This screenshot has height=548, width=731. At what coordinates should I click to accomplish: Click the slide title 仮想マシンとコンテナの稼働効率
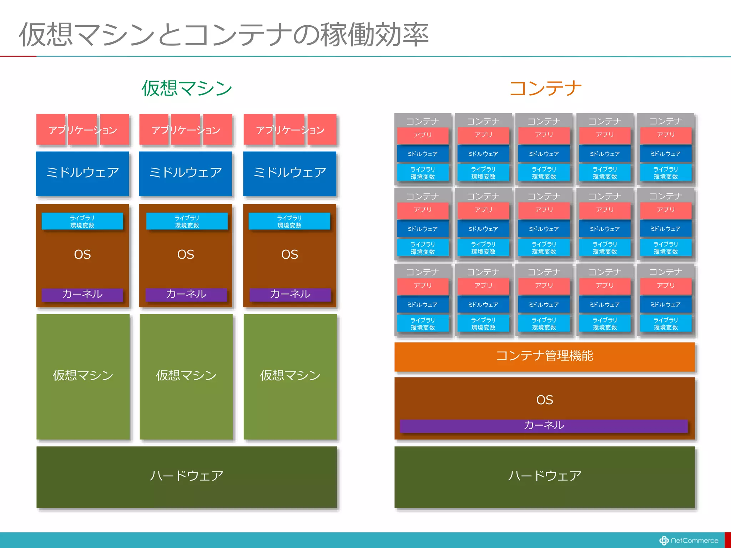click(223, 35)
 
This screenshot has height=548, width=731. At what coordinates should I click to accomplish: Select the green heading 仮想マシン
click(187, 88)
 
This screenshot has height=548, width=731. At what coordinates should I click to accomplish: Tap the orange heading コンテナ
click(545, 88)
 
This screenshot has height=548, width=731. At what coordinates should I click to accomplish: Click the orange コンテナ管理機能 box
click(544, 356)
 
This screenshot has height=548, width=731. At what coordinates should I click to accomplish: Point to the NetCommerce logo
click(689, 541)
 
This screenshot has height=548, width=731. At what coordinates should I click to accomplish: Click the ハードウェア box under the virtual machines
click(186, 477)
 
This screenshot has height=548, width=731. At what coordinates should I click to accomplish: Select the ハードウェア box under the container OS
click(544, 477)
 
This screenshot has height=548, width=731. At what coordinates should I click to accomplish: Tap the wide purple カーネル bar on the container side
click(544, 425)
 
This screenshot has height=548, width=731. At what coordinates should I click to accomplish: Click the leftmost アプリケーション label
click(83, 130)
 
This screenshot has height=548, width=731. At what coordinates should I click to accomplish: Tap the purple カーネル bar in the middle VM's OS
click(186, 294)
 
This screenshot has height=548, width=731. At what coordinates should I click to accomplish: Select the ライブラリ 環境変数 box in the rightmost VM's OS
click(289, 221)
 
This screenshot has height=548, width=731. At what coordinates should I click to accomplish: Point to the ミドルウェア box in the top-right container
click(665, 154)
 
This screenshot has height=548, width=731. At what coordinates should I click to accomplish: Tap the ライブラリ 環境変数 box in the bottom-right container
click(665, 324)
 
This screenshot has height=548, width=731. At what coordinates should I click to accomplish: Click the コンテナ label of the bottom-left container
click(423, 272)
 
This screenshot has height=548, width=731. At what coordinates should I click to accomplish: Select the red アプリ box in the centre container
click(544, 210)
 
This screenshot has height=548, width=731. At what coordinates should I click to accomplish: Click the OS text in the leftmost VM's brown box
click(82, 255)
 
